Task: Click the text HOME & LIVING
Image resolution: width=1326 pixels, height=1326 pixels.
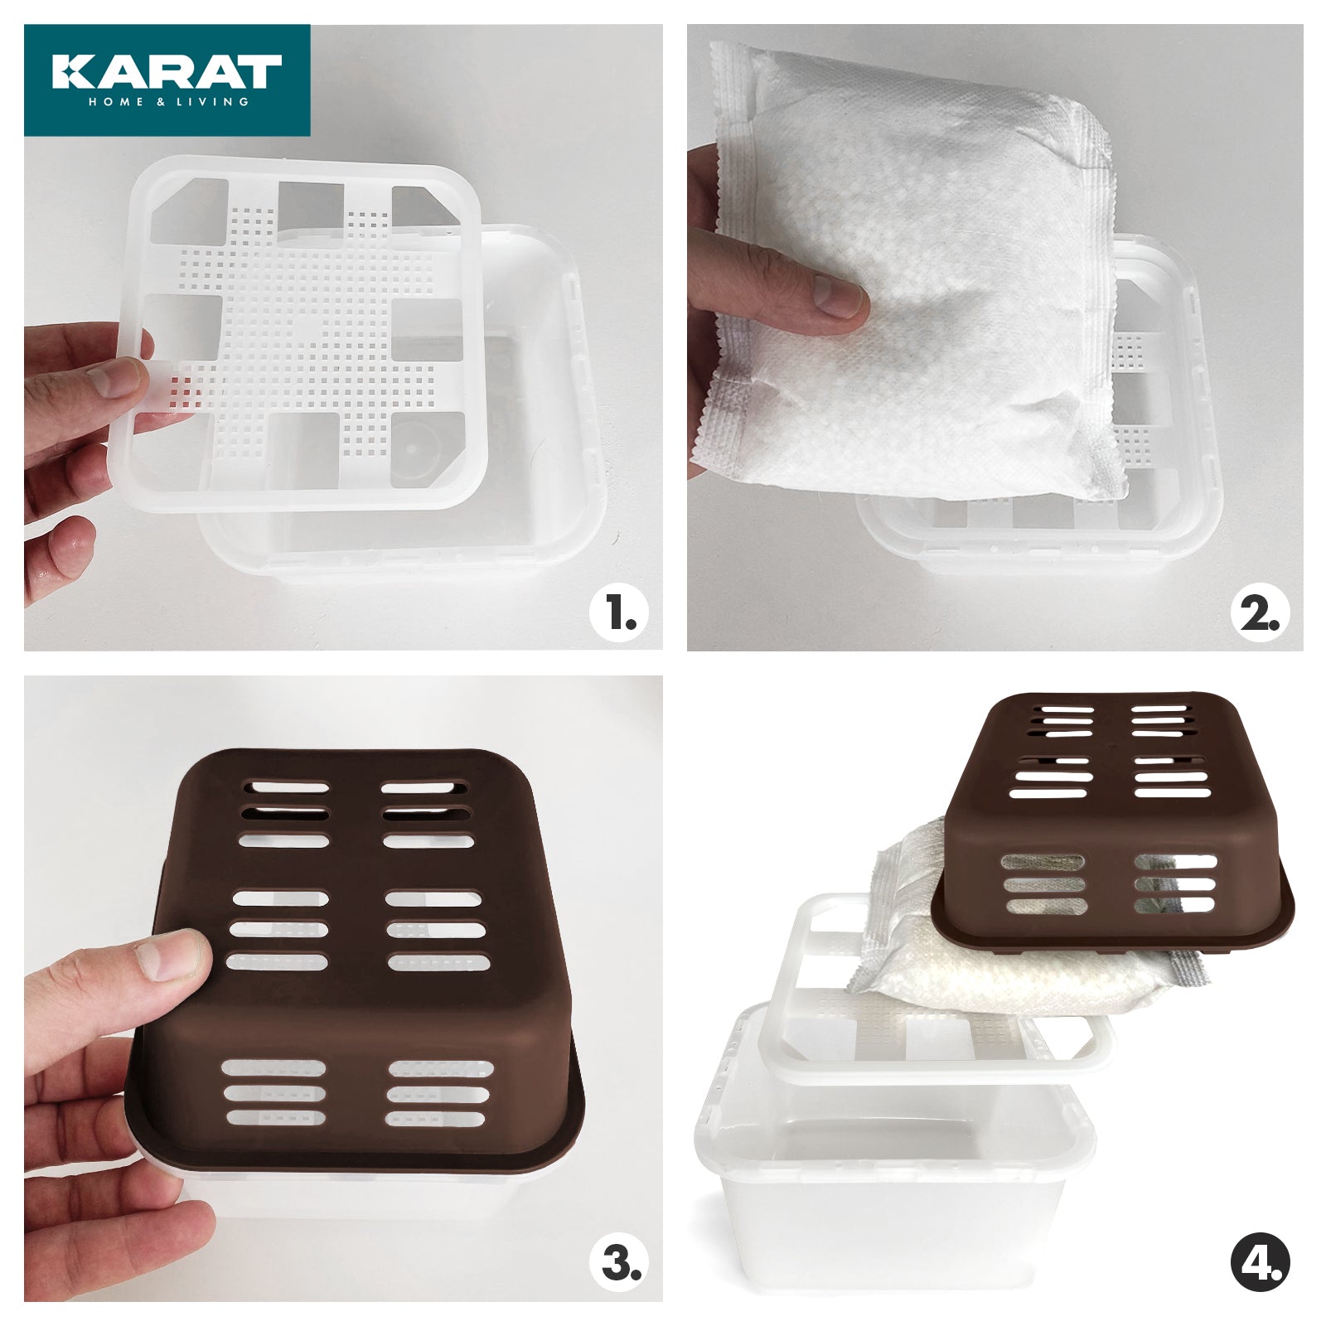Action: click(168, 102)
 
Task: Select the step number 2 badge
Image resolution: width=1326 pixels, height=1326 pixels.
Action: click(1260, 614)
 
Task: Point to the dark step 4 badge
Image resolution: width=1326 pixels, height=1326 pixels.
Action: click(1260, 1265)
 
